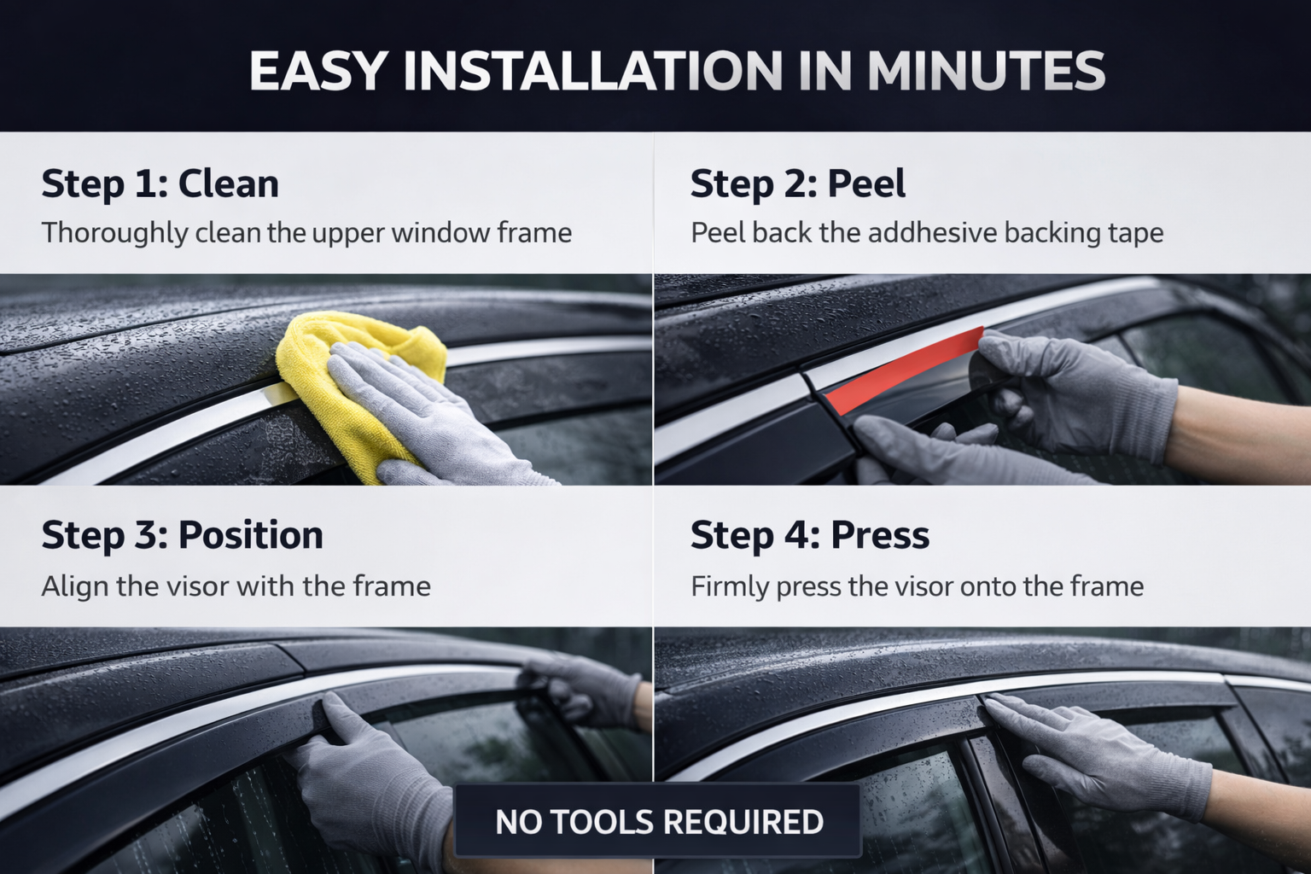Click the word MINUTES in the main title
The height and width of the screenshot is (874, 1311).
(x=986, y=71)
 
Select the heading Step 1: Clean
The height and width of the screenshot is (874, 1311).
(x=160, y=184)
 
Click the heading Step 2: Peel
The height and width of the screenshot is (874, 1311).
(x=797, y=184)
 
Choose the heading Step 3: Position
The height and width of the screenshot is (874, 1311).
(x=182, y=536)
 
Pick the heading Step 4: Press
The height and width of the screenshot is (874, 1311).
(x=809, y=536)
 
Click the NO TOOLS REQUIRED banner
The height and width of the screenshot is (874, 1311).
(x=659, y=822)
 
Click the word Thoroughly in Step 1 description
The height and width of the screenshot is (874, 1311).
(x=114, y=233)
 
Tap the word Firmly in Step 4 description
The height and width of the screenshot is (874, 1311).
(x=730, y=586)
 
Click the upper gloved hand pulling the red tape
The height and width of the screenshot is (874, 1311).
(x=1075, y=393)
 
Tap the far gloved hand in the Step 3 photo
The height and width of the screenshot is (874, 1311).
(x=589, y=687)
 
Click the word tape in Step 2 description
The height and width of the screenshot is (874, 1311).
(x=1135, y=233)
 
